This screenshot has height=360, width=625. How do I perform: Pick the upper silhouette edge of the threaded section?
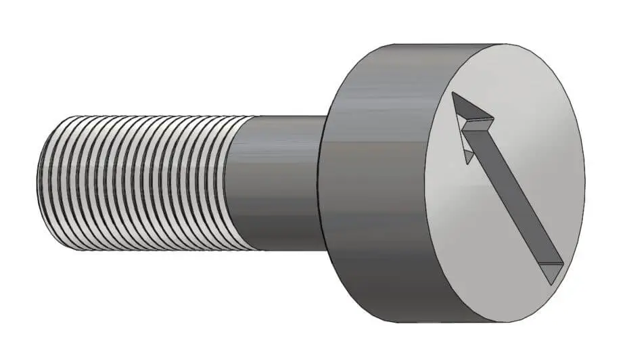coord(135,116)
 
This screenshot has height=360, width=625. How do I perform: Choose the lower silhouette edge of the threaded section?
coord(135,250)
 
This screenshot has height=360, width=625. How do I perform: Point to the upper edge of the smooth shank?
coord(284,116)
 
